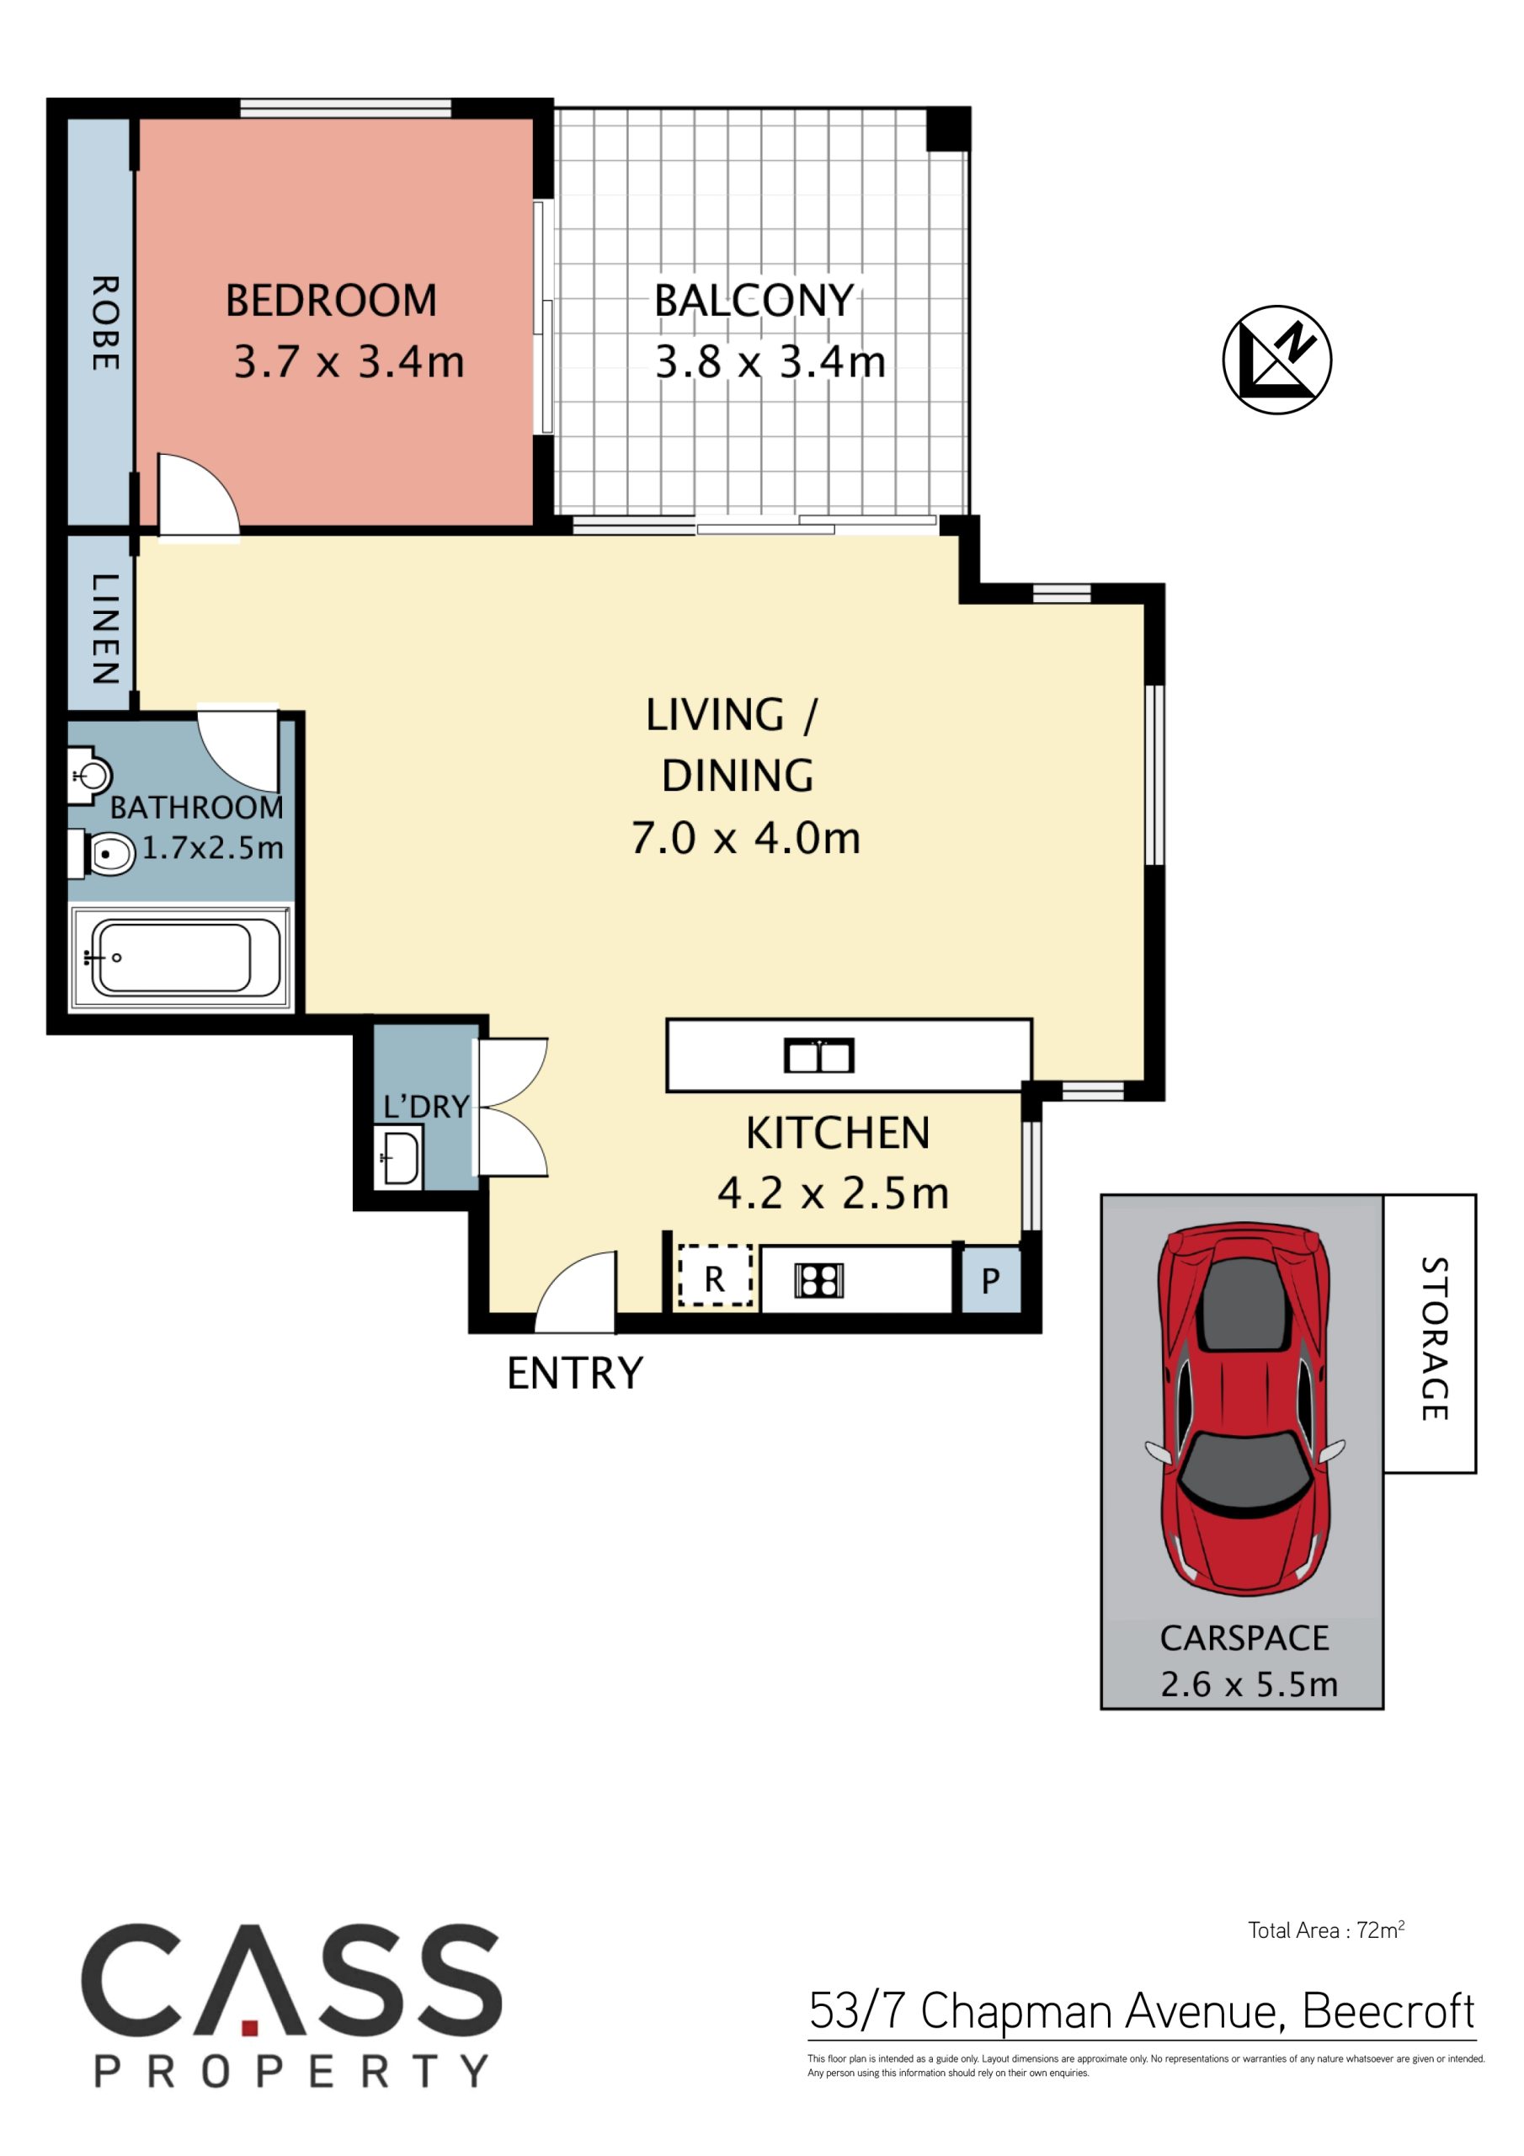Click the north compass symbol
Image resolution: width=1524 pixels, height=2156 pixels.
coord(1277,359)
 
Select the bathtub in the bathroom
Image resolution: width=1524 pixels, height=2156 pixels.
coord(179,957)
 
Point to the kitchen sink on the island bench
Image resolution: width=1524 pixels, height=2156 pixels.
coord(818,1056)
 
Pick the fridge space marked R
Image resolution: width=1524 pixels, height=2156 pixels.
coord(716,1275)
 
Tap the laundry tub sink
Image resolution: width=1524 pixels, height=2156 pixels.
coord(398,1158)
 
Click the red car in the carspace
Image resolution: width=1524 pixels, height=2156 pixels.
coord(1245,1413)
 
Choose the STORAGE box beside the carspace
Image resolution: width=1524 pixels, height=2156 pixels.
coord(1429,1333)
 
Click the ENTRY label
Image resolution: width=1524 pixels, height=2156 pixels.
coord(575,1374)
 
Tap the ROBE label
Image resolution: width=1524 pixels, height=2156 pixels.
coord(104,323)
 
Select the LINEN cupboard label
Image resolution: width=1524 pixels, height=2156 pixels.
coord(104,628)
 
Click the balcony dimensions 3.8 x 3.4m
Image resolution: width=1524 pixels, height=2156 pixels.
coord(770,362)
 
